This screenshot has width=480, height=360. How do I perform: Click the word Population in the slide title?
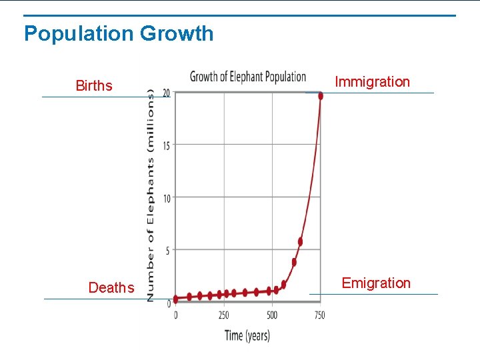79,33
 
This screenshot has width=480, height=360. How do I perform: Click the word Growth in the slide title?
177,33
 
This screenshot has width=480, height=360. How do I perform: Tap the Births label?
94,85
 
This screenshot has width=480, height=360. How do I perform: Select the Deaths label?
111,287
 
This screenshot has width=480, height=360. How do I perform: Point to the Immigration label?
372,82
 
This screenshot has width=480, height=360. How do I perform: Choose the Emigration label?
376,283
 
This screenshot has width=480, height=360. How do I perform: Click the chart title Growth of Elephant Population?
248,77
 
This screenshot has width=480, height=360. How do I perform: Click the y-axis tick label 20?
167,92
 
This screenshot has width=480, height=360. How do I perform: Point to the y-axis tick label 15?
167,145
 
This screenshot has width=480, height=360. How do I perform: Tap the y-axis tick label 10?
167,198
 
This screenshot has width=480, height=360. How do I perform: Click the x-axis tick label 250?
223,315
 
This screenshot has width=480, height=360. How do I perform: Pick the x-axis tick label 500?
272,315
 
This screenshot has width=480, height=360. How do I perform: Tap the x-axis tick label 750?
319,315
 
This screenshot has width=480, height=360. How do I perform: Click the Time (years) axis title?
247,335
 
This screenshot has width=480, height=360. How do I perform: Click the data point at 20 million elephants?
321,96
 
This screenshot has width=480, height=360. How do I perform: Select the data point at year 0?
176,299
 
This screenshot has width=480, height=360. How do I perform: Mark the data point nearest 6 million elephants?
300,242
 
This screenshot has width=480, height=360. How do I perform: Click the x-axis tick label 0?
176,315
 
